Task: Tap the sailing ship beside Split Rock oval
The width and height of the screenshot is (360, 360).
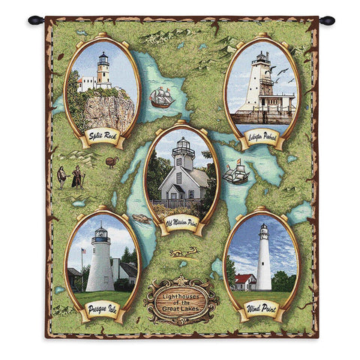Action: (162, 97)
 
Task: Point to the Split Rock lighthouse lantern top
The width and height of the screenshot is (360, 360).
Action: (103, 59)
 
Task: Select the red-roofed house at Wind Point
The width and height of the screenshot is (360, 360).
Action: (243, 280)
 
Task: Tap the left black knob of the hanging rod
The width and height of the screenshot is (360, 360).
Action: (32, 20)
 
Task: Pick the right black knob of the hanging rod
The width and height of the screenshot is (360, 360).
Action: (327, 20)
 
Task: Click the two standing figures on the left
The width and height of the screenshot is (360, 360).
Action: (69, 177)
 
